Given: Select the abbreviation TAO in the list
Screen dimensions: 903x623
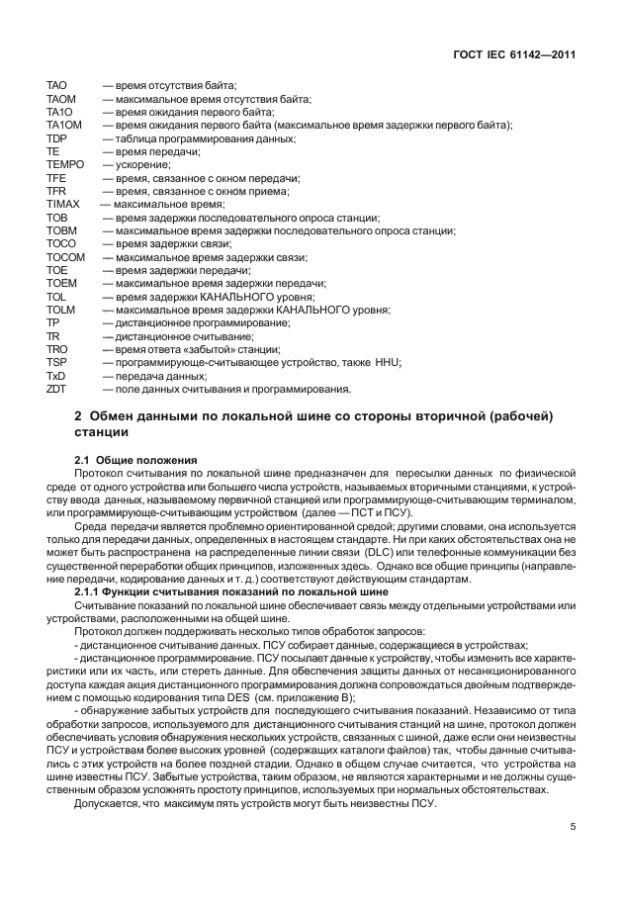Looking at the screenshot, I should (x=56, y=86).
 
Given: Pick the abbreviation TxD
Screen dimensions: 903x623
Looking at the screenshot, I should (x=56, y=376).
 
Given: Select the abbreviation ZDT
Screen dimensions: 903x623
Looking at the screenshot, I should (x=56, y=389).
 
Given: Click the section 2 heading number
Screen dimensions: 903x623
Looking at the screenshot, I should (x=79, y=417).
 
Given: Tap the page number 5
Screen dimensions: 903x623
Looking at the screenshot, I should (x=572, y=828).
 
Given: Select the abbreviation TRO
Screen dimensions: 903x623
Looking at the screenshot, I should (x=56, y=349).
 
